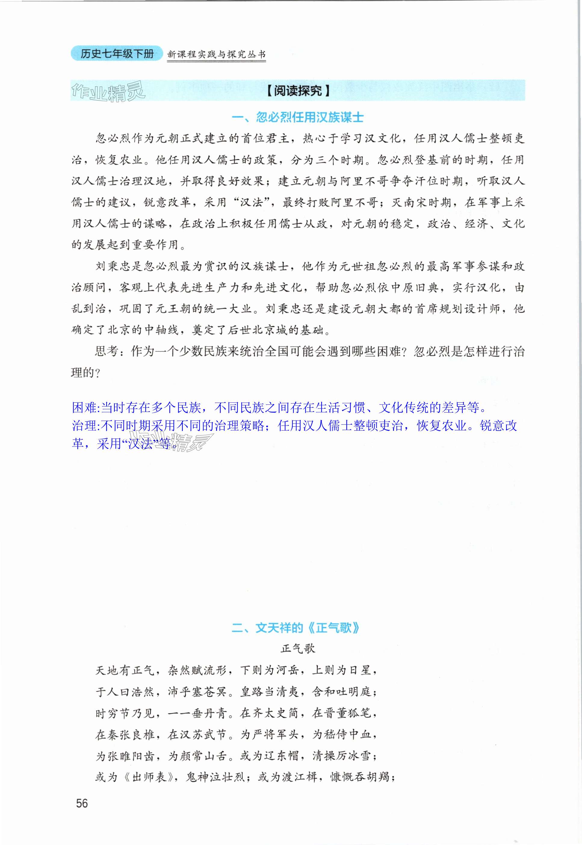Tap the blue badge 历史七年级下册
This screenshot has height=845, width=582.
[x=117, y=54]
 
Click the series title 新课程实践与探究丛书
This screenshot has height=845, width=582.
[x=216, y=55]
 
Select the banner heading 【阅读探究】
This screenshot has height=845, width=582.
[x=298, y=90]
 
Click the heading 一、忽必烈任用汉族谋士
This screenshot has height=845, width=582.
[x=298, y=117]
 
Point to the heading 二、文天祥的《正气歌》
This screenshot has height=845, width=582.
[x=296, y=628]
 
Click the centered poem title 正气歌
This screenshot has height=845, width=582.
[x=298, y=648]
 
